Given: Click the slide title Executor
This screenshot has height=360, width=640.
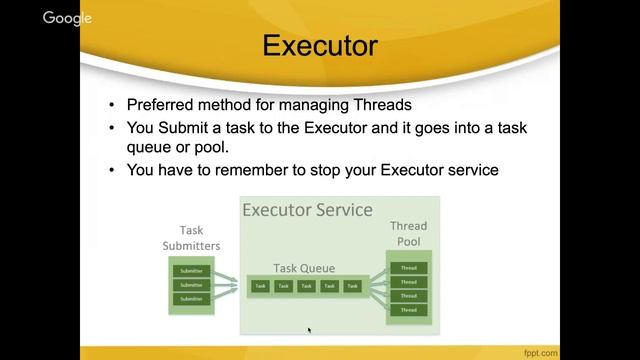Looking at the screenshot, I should pyautogui.click(x=320, y=47).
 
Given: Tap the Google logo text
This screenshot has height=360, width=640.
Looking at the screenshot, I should pyautogui.click(x=67, y=17).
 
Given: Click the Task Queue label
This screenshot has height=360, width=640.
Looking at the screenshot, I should pyautogui.click(x=304, y=268).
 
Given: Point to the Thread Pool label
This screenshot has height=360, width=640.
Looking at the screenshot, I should pyautogui.click(x=407, y=234).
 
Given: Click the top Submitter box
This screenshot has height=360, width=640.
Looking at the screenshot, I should pyautogui.click(x=190, y=271).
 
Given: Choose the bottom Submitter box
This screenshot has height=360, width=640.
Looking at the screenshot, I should pyautogui.click(x=190, y=298).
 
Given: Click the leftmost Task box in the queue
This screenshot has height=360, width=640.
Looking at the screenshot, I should pyautogui.click(x=260, y=286).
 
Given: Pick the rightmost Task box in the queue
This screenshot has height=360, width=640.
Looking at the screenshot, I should pyautogui.click(x=352, y=286).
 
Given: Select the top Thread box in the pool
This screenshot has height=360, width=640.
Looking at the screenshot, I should pyautogui.click(x=408, y=267).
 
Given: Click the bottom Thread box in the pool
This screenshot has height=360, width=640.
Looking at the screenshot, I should pyautogui.click(x=408, y=310).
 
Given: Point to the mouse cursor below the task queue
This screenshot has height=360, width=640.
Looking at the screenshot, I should pyautogui.click(x=309, y=329).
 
